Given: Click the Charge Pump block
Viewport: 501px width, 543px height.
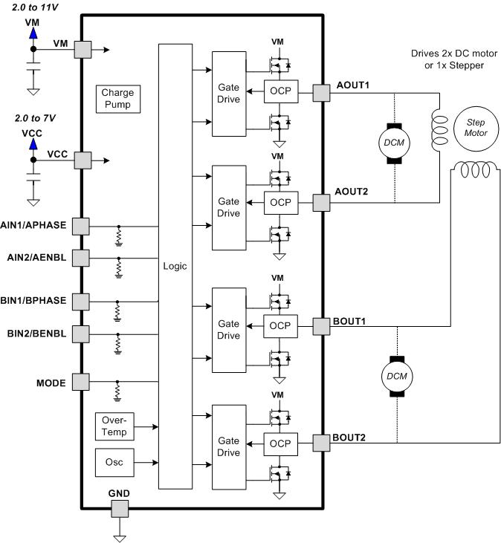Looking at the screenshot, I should click(116, 99).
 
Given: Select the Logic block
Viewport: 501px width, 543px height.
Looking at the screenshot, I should click(175, 266).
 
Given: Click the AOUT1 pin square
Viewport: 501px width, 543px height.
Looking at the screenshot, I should click(320, 93).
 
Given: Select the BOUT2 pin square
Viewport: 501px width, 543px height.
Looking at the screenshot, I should click(320, 443).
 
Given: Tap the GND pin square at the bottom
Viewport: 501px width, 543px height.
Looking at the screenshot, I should click(118, 509).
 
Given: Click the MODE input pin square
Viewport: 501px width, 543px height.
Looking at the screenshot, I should click(80, 383).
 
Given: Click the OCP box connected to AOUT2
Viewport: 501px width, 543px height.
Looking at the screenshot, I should click(280, 203).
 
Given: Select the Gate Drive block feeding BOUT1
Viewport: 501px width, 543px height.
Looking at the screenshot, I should click(228, 330).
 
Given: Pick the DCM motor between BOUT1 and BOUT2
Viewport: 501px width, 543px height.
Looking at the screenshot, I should click(395, 376).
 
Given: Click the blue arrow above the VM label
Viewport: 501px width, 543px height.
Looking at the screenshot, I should click(33, 34).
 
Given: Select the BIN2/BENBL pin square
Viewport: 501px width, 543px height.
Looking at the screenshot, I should click(80, 334).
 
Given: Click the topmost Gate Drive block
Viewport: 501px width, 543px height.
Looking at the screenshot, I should click(228, 94).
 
